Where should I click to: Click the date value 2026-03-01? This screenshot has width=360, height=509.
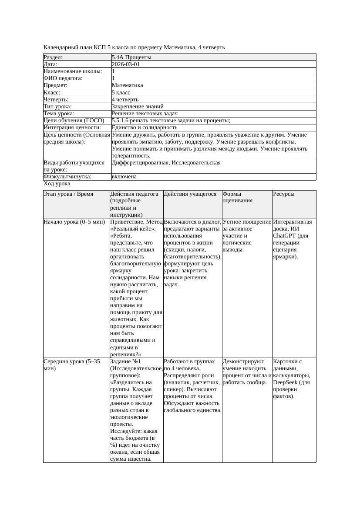pyautogui.click(x=125, y=64)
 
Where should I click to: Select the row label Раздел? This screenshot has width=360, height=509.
pyautogui.click(x=53, y=57)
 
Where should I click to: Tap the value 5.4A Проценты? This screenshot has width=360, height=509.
pyautogui.click(x=131, y=57)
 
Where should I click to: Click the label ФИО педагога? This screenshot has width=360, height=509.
pyautogui.click(x=63, y=78)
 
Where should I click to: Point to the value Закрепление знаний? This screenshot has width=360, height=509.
pyautogui.click(x=138, y=107)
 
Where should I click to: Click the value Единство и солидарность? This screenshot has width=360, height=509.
pyautogui.click(x=144, y=127)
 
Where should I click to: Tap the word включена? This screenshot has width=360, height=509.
pyautogui.click(x=124, y=177)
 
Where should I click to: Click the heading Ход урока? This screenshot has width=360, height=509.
pyautogui.click(x=57, y=184)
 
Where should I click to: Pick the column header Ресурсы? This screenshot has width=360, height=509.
pyautogui.click(x=284, y=194)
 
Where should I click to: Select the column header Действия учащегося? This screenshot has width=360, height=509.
pyautogui.click(x=190, y=194)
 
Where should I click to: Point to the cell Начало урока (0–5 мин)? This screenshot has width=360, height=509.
pyautogui.click(x=74, y=222)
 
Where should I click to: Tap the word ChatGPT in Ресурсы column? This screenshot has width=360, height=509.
pyautogui.click(x=284, y=236)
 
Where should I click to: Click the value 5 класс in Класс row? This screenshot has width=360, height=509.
pyautogui.click(x=121, y=93)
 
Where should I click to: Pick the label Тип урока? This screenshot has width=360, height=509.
pyautogui.click(x=57, y=107)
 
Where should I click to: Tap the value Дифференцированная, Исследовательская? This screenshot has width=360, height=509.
pyautogui.click(x=166, y=163)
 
